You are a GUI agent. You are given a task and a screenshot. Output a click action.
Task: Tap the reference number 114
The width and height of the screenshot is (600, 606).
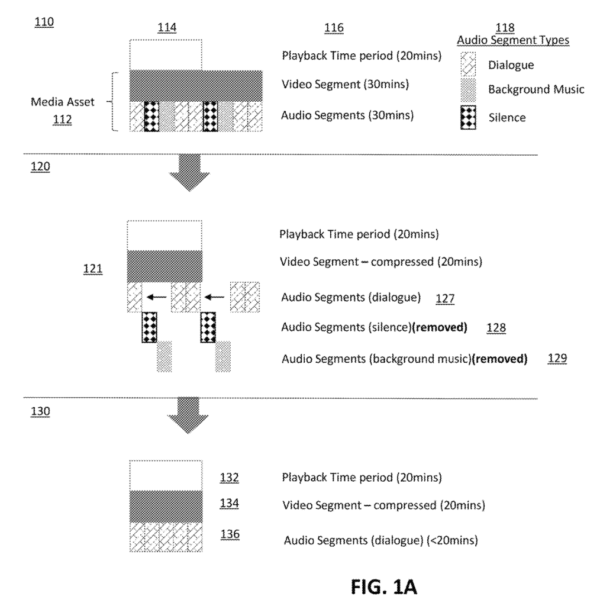coord(166,27)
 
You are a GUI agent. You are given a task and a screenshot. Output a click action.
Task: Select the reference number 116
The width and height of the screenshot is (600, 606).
coord(334,28)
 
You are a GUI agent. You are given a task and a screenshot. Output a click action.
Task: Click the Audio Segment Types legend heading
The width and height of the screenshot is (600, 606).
coord(513,40)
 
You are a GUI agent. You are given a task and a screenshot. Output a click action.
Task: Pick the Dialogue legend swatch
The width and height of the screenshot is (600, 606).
coord(469,62)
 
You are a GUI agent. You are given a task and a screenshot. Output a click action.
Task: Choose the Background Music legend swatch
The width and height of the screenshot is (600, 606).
coord(469,89)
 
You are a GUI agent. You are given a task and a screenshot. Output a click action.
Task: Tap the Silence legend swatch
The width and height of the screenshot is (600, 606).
coord(469,117)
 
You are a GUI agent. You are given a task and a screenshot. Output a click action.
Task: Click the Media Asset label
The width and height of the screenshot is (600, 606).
coord(63,102)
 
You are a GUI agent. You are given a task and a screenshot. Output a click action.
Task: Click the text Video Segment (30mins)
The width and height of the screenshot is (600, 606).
coord(345,85)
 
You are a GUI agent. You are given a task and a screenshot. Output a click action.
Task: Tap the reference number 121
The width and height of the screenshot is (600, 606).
coord(93,269)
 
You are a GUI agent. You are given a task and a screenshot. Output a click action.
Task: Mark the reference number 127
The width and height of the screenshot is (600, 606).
coord(444,298)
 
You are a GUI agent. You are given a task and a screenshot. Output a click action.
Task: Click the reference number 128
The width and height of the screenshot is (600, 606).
coord(496,327)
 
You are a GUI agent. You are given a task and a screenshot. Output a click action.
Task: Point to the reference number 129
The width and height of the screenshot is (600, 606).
coord(557,358)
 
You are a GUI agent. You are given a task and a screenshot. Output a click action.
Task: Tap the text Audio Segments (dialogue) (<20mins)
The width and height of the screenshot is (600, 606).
coord(380,540)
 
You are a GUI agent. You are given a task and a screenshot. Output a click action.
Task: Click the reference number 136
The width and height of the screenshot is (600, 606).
coord(229,534)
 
